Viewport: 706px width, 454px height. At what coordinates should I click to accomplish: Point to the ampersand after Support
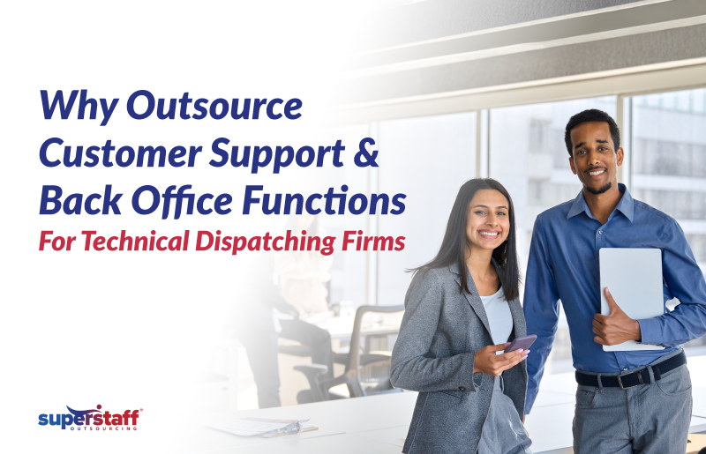[x=368, y=155]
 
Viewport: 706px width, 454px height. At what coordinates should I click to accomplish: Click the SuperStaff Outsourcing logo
[x=90, y=418]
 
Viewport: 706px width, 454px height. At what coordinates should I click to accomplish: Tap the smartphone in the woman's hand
[x=519, y=343]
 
